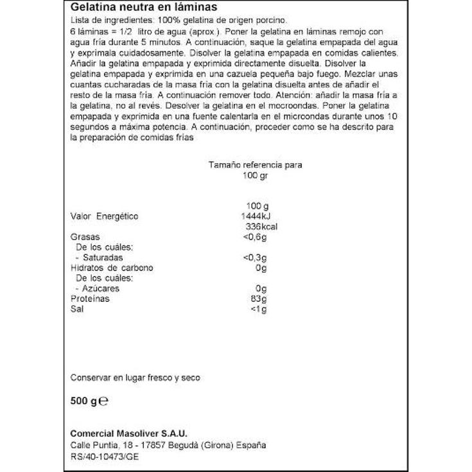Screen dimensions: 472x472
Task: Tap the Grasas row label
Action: (84, 237)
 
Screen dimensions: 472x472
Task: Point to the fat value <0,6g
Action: (255, 237)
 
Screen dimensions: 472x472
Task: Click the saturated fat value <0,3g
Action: (255, 258)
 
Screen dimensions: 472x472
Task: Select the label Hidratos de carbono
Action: (112, 268)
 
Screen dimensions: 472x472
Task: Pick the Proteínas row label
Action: (90, 299)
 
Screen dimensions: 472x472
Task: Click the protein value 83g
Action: (258, 299)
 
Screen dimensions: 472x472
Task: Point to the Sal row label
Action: (76, 309)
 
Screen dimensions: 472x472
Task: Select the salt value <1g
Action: (258, 309)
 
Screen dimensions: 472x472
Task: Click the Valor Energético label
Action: (104, 216)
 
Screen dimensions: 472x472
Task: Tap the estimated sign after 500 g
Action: (103, 401)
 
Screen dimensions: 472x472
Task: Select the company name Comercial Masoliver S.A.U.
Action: (128, 432)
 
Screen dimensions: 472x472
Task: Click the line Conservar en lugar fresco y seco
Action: (135, 378)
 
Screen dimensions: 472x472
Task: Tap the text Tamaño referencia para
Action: (255, 165)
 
